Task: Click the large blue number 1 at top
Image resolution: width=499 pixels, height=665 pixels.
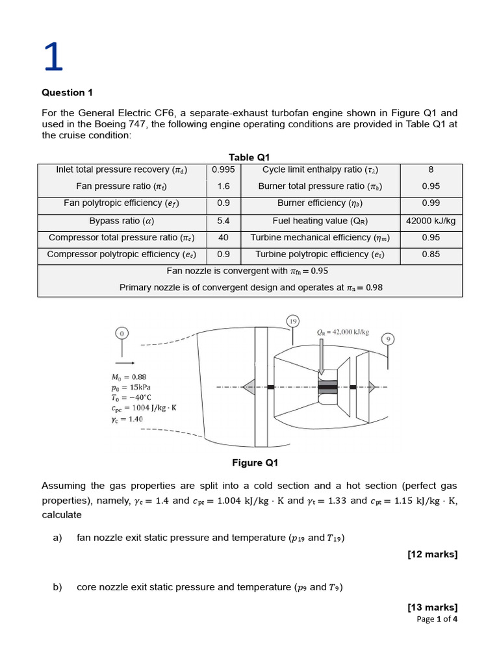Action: pos(53,57)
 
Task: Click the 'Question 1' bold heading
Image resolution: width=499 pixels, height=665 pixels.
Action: pos(63,92)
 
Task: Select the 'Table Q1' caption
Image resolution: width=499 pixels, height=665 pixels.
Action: pos(249,157)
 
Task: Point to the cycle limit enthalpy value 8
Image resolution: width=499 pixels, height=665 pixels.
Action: pos(431,169)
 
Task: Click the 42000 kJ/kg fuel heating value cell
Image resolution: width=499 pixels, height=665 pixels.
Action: pos(431,221)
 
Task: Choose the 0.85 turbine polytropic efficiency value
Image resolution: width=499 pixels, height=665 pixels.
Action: pos(431,255)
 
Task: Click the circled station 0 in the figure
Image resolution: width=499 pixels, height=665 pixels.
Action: pos(122,333)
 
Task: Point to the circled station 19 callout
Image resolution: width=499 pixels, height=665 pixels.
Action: pos(293,321)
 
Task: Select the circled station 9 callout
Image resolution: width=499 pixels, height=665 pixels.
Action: pos(389,339)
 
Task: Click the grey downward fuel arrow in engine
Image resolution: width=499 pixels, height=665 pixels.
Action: pos(322,354)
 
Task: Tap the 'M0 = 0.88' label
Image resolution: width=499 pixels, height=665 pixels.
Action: pos(129,377)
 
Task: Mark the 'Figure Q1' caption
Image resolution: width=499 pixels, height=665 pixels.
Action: pos(255,463)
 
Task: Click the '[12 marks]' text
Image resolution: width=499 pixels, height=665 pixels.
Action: pos(432,554)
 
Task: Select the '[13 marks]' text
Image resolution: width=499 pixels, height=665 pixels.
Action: pos(432,607)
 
